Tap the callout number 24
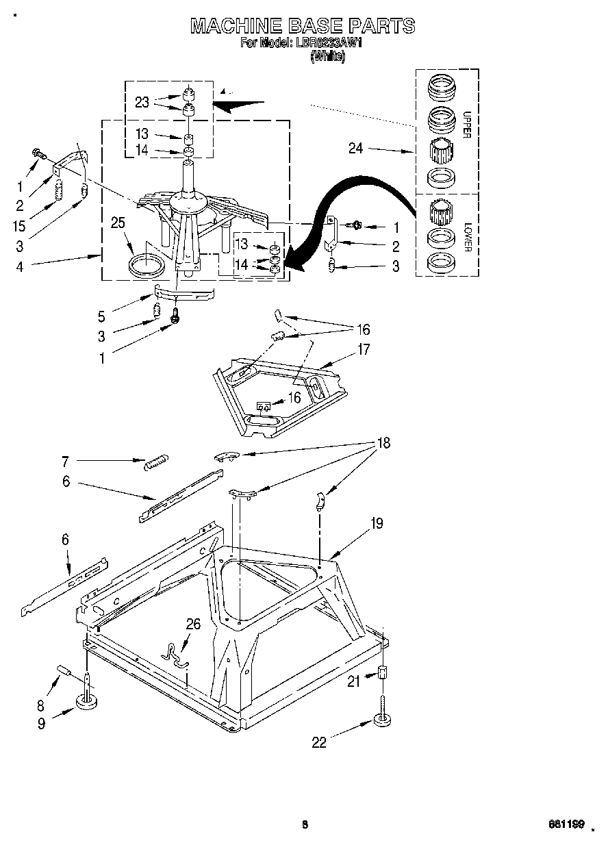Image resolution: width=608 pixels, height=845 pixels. pyautogui.click(x=356, y=148)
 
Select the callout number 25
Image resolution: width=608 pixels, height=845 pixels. pyautogui.click(x=118, y=222)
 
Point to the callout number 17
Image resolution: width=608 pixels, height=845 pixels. pyautogui.click(x=364, y=350)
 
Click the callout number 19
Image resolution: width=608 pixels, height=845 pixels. pyautogui.click(x=377, y=524)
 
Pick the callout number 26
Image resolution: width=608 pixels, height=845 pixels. pyautogui.click(x=194, y=624)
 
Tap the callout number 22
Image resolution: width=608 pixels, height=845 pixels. pyautogui.click(x=319, y=742)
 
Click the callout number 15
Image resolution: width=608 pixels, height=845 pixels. pyautogui.click(x=19, y=225)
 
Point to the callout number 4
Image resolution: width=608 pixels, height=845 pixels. pyautogui.click(x=19, y=267)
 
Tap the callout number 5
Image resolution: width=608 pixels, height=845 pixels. pyautogui.click(x=102, y=316)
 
